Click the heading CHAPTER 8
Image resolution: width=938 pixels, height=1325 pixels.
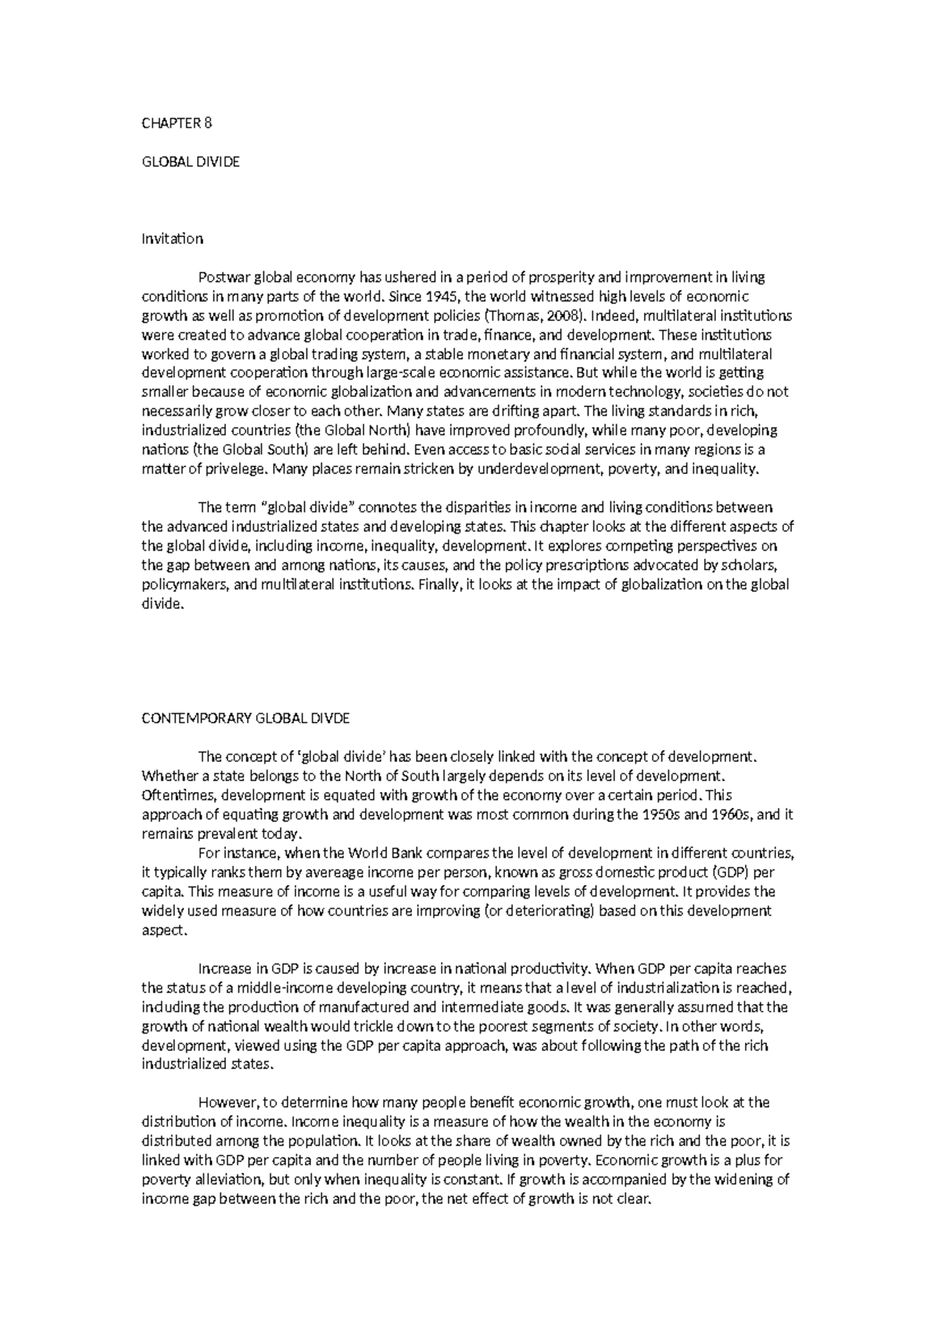point(177,123)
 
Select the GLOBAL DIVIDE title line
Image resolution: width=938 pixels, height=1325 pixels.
point(190,162)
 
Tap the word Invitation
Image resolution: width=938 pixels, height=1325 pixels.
point(172,238)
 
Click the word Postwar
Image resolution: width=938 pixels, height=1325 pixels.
point(220,277)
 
